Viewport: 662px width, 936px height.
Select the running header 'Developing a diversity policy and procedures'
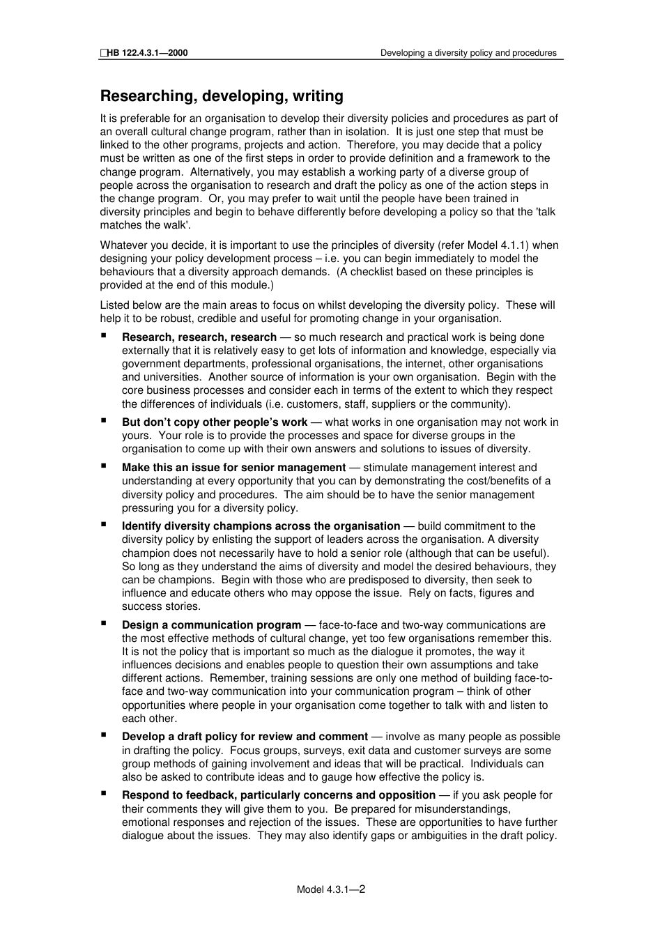point(468,53)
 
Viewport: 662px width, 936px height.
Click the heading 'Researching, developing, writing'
point(222,96)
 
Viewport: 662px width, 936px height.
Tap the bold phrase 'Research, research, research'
point(199,337)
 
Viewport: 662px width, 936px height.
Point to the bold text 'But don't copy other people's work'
point(215,422)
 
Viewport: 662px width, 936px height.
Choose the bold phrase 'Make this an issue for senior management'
point(233,468)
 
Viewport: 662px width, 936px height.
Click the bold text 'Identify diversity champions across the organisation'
point(261,526)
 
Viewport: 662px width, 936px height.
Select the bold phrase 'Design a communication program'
point(211,625)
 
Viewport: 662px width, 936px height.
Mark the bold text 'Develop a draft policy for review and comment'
point(245,737)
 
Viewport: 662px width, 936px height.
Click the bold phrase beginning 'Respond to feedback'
point(279,795)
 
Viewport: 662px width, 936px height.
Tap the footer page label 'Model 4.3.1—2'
point(331,889)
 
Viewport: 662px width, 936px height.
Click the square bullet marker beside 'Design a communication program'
point(104,624)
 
